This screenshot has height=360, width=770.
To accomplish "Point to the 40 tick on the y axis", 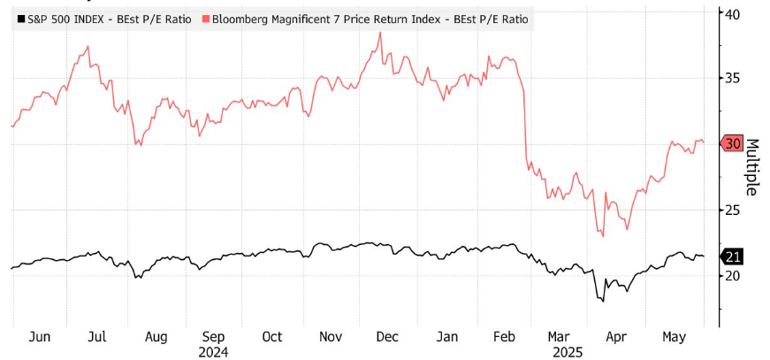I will click(x=732, y=13).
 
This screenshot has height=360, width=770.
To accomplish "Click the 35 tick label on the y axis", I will click(x=732, y=78).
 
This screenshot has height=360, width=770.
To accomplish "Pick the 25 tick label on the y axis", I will click(x=732, y=210).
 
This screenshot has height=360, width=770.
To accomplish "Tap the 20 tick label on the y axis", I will click(x=732, y=275).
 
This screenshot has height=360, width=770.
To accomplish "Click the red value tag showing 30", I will click(x=733, y=143).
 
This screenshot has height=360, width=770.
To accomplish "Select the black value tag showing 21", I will click(x=733, y=257).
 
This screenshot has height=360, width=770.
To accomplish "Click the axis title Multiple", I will click(x=753, y=166).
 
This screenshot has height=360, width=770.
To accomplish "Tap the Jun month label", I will click(x=40, y=337).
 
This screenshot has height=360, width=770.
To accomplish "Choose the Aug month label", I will click(x=156, y=337).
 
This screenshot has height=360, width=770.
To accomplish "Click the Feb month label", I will click(x=502, y=337).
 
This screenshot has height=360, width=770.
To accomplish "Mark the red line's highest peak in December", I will click(x=380, y=33).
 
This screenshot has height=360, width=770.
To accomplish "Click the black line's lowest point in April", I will click(x=603, y=302).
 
